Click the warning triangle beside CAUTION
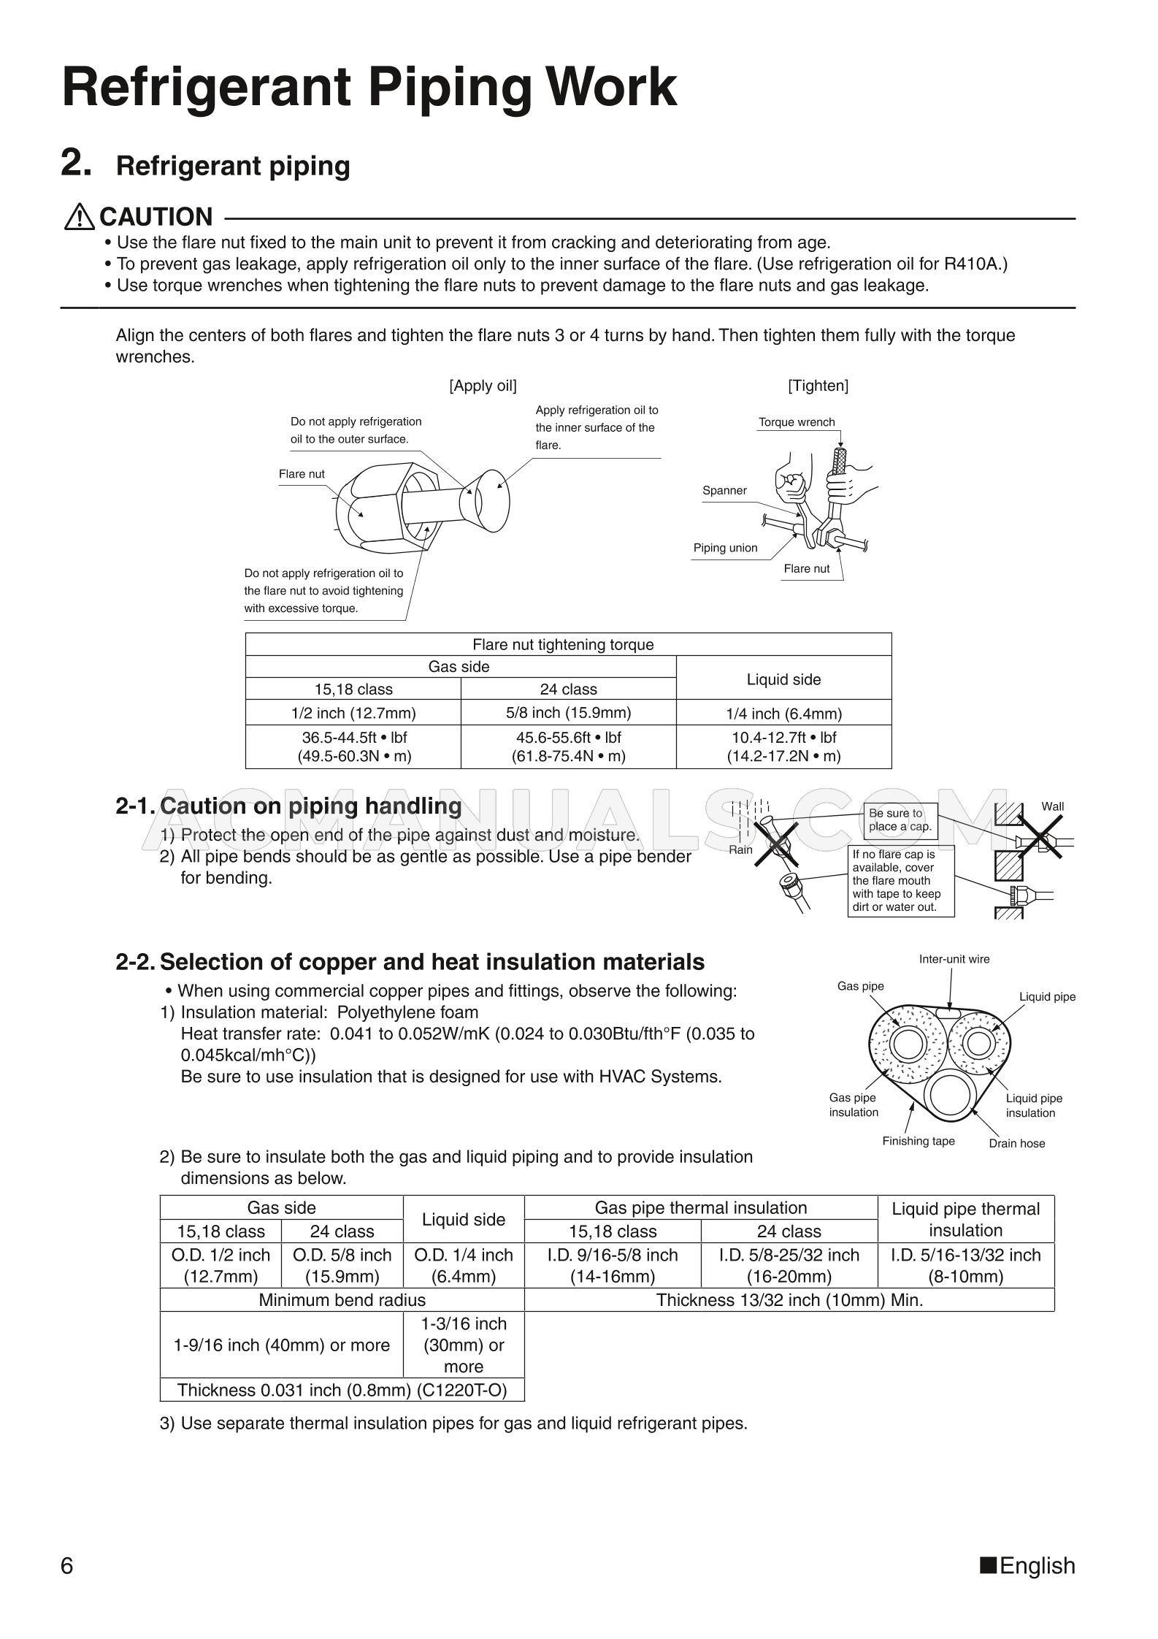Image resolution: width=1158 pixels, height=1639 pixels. click(x=78, y=217)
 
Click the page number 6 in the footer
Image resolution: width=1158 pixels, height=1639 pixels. click(x=67, y=1566)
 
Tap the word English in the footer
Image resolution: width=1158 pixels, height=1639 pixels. click(x=1037, y=1566)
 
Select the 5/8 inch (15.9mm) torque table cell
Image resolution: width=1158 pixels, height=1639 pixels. click(x=568, y=713)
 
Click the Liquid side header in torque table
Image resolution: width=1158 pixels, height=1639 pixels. click(x=783, y=679)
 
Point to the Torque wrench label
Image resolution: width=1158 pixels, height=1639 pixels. click(x=796, y=422)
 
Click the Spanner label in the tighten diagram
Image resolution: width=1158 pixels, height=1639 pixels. click(x=724, y=491)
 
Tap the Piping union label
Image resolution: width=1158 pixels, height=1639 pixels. click(x=725, y=548)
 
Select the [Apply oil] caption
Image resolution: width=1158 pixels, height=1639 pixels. click(x=483, y=386)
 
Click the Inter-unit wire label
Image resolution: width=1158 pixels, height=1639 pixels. click(x=954, y=959)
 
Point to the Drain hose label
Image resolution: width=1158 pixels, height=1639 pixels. click(x=1016, y=1144)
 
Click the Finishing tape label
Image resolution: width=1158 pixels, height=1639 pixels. click(x=918, y=1142)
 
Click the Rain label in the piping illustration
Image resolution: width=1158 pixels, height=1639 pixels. click(x=740, y=850)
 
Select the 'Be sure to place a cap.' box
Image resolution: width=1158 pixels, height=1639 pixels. click(x=900, y=819)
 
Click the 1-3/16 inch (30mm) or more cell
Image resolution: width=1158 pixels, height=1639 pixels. click(x=464, y=1345)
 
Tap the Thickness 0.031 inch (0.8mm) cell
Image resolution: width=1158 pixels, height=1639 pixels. click(x=342, y=1390)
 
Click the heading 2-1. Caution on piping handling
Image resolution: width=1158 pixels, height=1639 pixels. click(x=288, y=806)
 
